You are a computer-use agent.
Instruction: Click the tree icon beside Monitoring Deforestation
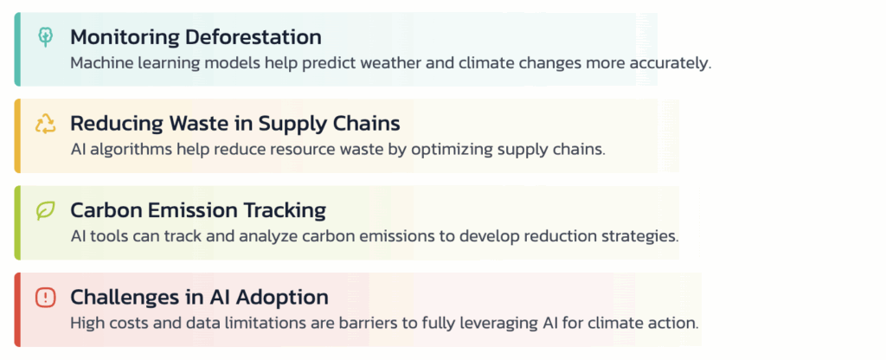[x=46, y=36]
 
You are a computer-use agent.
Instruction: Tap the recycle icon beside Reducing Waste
[x=46, y=123]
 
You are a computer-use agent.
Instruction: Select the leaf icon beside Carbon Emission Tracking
[x=45, y=210]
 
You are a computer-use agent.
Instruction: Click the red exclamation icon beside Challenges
[x=45, y=297]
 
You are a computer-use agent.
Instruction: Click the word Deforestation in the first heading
[x=254, y=37]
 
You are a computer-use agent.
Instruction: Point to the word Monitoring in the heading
[x=125, y=38]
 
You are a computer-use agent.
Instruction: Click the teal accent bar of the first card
[x=17, y=49]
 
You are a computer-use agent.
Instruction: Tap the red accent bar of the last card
[x=17, y=310]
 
